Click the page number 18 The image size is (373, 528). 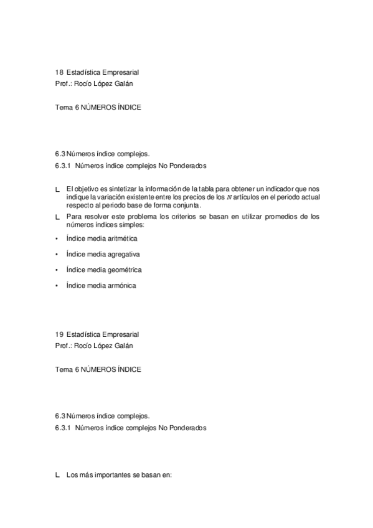coord(59,72)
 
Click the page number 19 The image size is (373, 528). coord(59,334)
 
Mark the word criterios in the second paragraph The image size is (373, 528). coord(191,217)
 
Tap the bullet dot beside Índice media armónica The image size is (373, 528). coord(57,286)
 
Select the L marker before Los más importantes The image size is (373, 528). coord(57,475)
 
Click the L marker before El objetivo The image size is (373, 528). coord(57,189)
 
